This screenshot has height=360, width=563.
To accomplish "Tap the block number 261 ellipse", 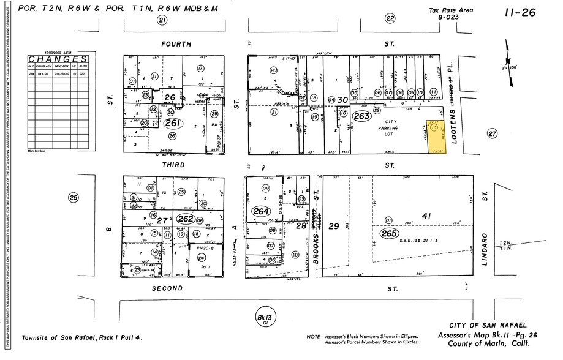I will click(172, 122).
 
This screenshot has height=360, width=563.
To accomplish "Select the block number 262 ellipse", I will click(185, 219).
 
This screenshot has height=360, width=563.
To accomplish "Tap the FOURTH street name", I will click(176, 44).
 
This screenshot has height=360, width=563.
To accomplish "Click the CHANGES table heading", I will click(57, 59).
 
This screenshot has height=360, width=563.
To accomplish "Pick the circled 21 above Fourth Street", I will click(162, 21).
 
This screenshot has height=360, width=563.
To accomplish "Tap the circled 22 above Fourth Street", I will click(390, 18).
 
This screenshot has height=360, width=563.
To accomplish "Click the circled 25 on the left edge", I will click(74, 197).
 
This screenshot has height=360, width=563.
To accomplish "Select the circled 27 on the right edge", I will click(491, 133).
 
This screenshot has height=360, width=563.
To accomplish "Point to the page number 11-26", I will click(521, 12).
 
